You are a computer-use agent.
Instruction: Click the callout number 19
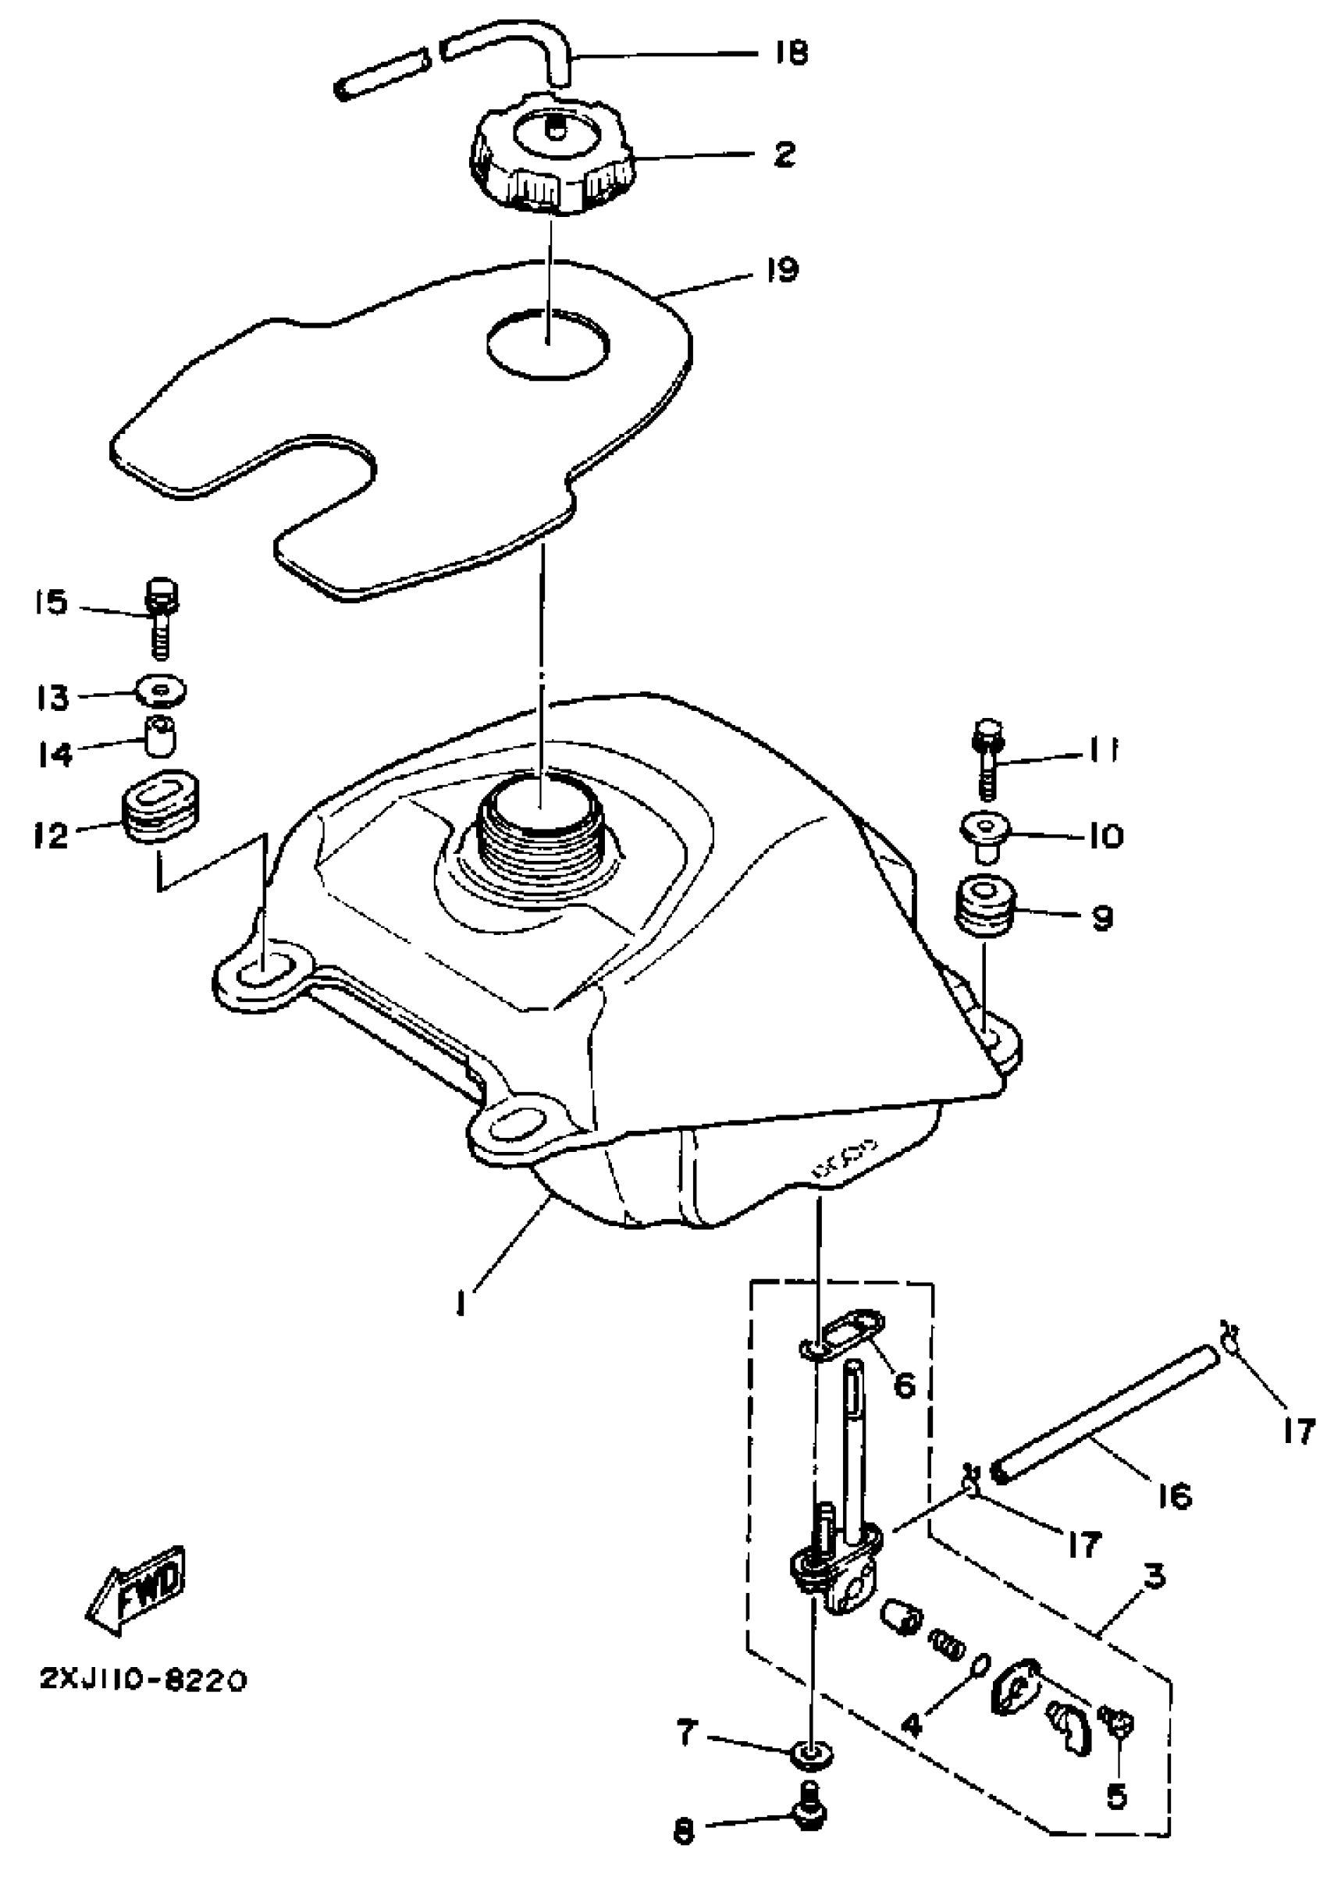click(x=782, y=269)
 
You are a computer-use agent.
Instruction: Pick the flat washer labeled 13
click(x=162, y=691)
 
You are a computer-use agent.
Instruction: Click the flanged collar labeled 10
click(x=986, y=834)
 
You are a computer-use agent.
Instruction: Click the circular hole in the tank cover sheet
click(x=548, y=343)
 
